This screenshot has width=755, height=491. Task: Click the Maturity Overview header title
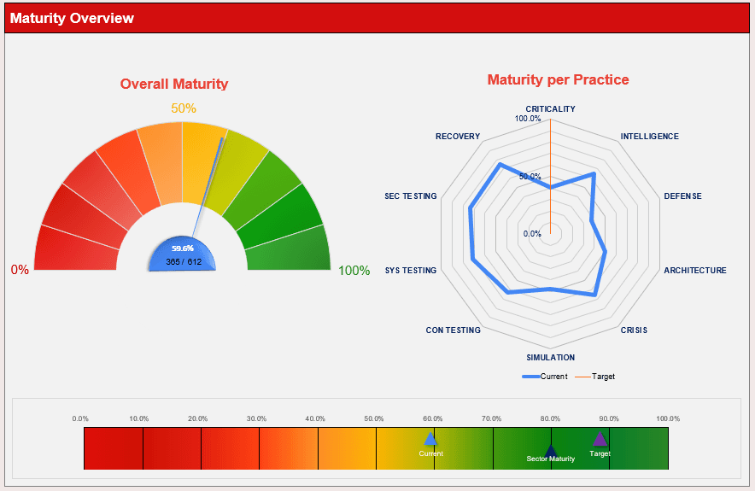[x=73, y=18]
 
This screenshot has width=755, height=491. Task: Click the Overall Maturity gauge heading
[x=174, y=84]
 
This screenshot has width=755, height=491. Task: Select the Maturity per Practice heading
[x=558, y=79]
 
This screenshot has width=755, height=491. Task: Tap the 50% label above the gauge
[x=184, y=108]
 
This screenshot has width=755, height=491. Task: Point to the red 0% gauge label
[x=20, y=270]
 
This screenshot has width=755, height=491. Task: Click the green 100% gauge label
[x=354, y=271]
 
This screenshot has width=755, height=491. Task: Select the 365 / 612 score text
[x=183, y=261]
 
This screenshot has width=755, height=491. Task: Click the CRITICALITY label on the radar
[x=550, y=109]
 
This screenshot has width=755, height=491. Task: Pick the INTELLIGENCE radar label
[x=649, y=137]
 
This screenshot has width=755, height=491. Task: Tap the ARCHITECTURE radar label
[x=695, y=271]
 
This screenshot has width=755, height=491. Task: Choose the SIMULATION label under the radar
[x=550, y=358]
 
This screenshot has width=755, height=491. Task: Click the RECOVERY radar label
[x=458, y=137]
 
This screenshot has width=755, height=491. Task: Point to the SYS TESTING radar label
[x=410, y=271]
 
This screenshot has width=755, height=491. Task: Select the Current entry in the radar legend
[x=545, y=377]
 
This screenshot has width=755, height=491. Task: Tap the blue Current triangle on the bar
[x=430, y=438]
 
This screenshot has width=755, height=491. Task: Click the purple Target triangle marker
[x=600, y=438]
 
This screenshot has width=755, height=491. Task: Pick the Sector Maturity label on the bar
[x=550, y=459]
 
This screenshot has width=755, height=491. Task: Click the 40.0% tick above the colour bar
[x=315, y=418]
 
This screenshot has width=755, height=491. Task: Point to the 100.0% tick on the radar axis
[x=528, y=119]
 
